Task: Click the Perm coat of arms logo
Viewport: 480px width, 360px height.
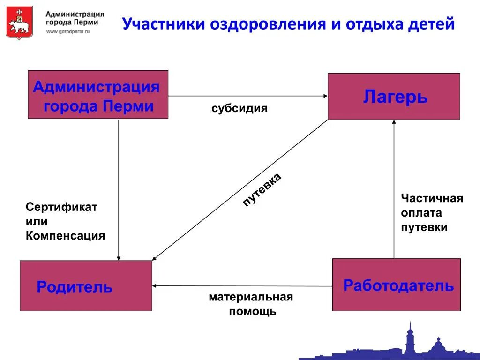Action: [19, 22]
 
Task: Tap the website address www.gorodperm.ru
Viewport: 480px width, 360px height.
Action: [67, 31]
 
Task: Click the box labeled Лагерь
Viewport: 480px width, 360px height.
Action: [394, 97]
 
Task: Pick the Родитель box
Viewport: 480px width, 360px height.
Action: [86, 286]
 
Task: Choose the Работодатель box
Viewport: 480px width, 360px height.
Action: [397, 285]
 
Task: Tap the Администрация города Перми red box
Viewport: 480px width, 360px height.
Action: [98, 95]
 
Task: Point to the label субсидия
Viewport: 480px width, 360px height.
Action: [239, 109]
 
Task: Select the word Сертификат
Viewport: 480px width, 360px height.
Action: [61, 207]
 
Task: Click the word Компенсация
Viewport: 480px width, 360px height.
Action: [65, 236]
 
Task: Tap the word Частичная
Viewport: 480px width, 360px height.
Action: [432, 198]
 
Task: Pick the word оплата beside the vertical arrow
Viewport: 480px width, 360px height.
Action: [421, 213]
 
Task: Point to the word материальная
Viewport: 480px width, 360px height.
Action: [251, 297]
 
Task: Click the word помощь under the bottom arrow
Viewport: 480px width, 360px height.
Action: [253, 311]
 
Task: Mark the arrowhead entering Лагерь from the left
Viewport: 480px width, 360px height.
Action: [325, 96]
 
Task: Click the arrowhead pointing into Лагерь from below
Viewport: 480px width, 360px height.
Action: [394, 123]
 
